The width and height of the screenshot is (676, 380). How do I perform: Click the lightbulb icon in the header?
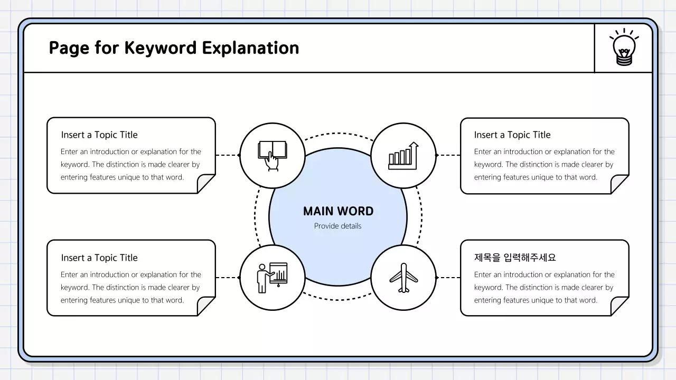coord(624,48)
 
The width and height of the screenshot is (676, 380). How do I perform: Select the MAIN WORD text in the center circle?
coord(338,211)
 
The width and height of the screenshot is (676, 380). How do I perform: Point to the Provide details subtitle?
coord(338,226)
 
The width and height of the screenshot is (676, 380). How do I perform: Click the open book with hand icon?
coord(272,155)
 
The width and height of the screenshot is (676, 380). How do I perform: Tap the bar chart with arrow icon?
coord(403,155)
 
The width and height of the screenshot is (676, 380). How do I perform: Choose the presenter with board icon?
coord(272,278)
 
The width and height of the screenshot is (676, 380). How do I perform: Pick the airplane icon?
coord(403,278)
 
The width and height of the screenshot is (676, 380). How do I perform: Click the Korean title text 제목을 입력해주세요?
coord(515,258)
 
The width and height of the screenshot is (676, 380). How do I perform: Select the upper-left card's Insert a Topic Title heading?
coord(99,135)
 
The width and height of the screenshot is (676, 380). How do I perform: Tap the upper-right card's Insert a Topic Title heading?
coord(512,135)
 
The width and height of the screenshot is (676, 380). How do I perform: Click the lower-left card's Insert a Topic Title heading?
coord(99,258)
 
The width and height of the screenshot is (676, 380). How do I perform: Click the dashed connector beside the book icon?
coord(228,155)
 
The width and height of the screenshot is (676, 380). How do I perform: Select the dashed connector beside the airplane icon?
coord(448,278)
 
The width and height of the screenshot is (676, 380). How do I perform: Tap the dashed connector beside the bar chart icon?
coord(448,155)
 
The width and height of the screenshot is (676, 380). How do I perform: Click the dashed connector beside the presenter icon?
coord(228,278)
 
